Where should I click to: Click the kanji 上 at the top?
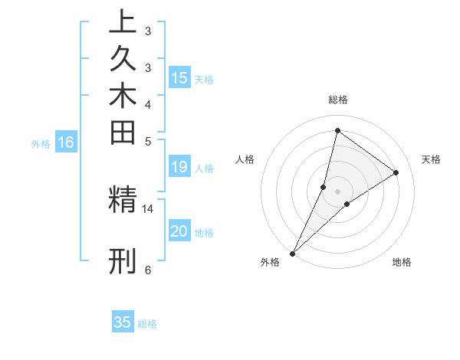click(x=123, y=21)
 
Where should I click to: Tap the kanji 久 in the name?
click(x=123, y=59)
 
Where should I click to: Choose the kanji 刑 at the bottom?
click(x=123, y=260)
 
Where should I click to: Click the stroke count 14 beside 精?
click(x=148, y=208)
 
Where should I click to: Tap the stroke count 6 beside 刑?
click(x=148, y=270)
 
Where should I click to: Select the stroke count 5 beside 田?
click(x=148, y=141)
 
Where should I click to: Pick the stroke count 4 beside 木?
click(x=148, y=103)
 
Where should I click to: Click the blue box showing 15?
click(x=179, y=77)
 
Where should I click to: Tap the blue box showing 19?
click(x=179, y=167)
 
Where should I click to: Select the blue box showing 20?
click(x=179, y=231)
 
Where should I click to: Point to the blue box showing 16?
click(x=66, y=142)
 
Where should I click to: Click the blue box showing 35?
click(x=123, y=322)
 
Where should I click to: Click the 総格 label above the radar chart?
click(x=337, y=100)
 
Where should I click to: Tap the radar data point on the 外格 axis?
click(x=293, y=253)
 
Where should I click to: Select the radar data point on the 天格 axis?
click(x=396, y=172)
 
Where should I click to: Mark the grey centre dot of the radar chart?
click(x=337, y=191)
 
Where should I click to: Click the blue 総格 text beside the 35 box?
click(x=147, y=324)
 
